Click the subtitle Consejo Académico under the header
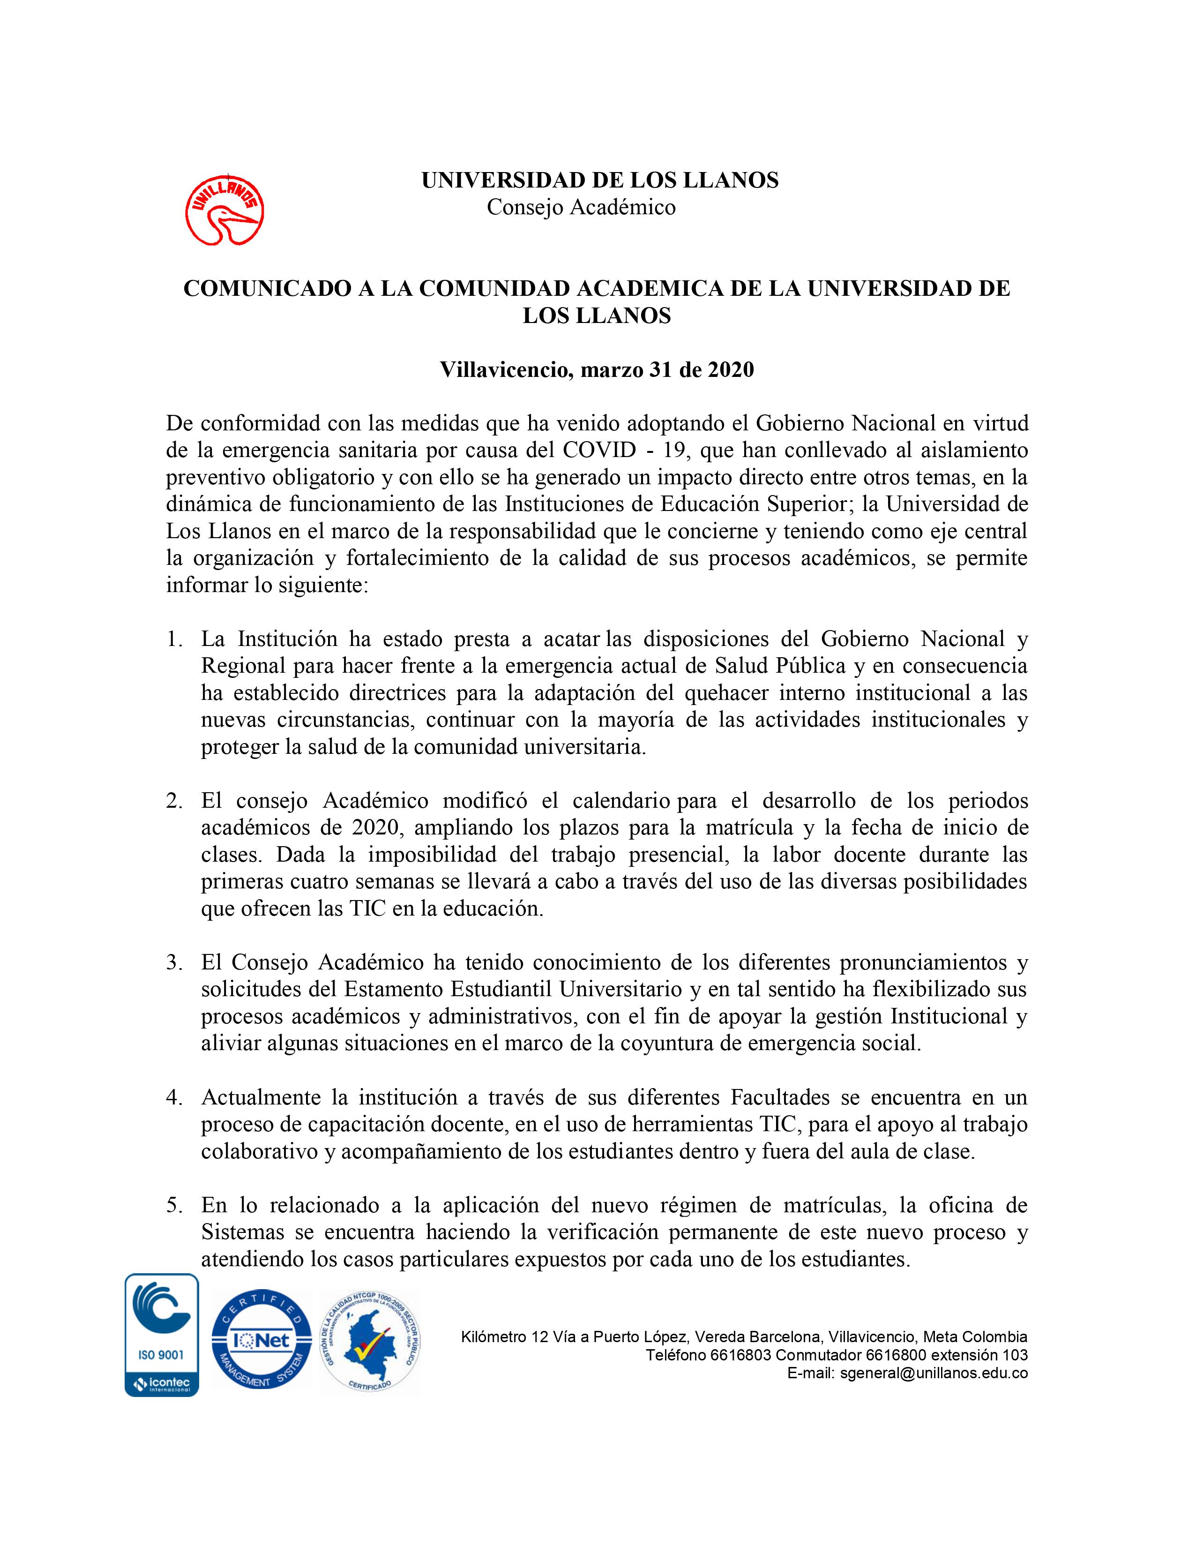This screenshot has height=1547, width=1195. [x=581, y=208]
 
